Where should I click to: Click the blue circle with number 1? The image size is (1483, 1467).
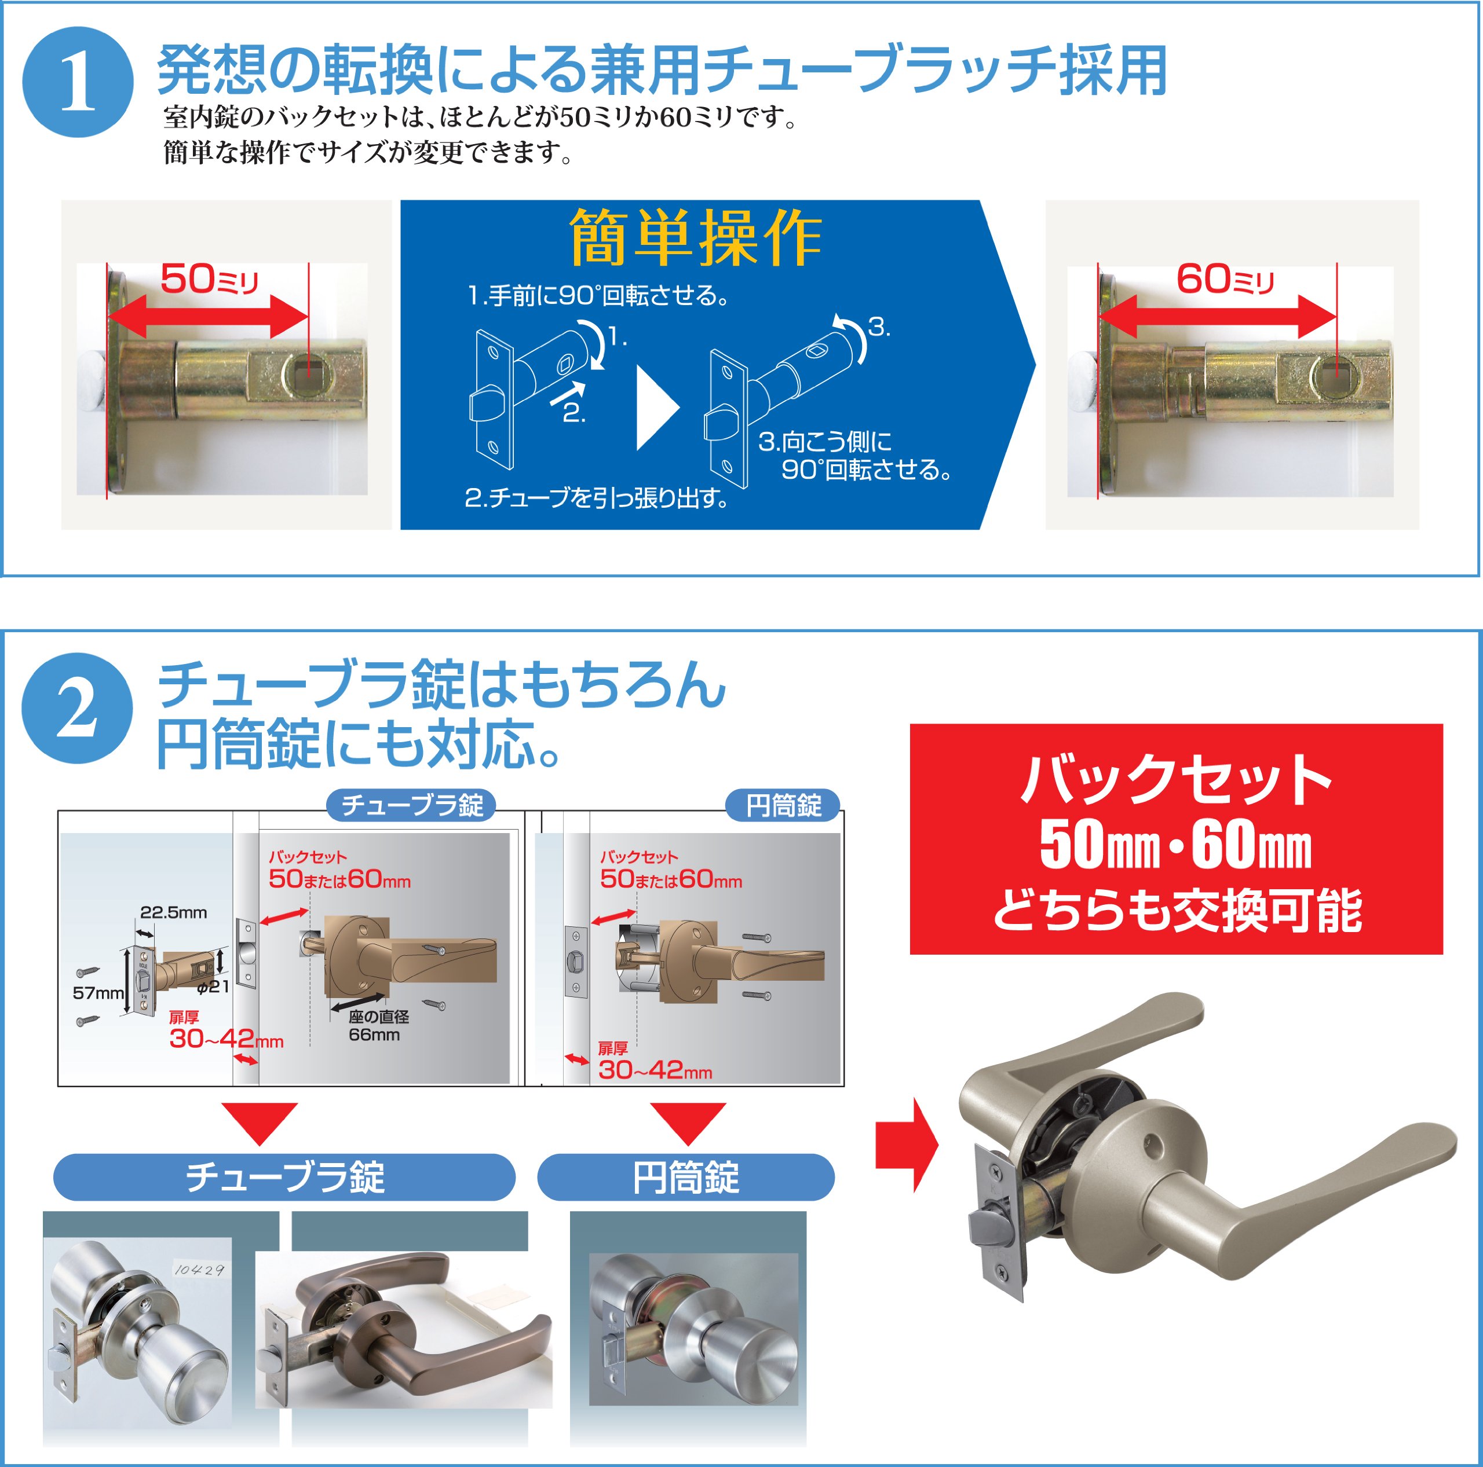click(x=78, y=82)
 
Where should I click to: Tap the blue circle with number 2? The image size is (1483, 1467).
click(x=77, y=708)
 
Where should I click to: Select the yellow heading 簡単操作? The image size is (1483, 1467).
click(x=695, y=238)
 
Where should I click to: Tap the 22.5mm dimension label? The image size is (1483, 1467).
click(x=173, y=912)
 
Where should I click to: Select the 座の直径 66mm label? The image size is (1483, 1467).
click(x=378, y=1026)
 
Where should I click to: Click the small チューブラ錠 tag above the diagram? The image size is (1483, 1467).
click(x=411, y=805)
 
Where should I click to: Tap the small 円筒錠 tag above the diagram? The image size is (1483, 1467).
click(x=783, y=805)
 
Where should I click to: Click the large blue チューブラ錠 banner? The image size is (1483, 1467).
click(x=284, y=1177)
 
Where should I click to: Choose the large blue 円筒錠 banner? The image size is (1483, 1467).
click(x=685, y=1177)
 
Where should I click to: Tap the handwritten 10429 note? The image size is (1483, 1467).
click(x=200, y=1270)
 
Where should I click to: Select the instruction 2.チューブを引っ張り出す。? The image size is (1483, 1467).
click(x=597, y=498)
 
